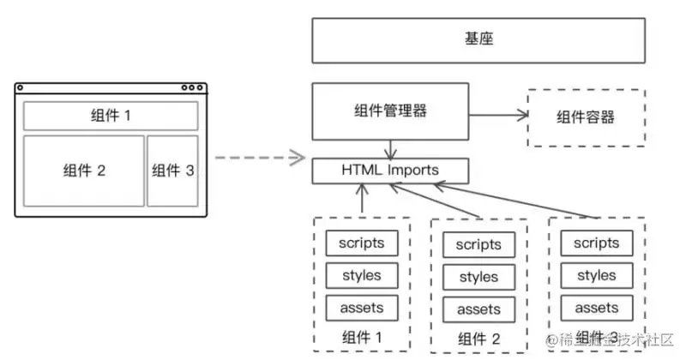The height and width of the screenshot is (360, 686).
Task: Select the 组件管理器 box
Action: [390, 111]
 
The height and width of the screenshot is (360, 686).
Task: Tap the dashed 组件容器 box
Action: [585, 117]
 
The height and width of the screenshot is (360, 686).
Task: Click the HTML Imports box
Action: [390, 170]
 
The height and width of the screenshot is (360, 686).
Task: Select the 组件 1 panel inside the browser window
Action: [111, 116]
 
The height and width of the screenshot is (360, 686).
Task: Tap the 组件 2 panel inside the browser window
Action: [84, 170]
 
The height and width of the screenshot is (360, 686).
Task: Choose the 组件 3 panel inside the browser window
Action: [172, 170]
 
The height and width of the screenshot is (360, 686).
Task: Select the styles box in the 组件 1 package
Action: [361, 275]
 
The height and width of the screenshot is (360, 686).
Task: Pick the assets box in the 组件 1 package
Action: [361, 307]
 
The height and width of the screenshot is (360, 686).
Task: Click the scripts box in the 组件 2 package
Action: [478, 245]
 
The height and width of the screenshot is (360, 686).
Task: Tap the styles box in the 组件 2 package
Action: [478, 277]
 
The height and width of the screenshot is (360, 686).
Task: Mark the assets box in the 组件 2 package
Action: [478, 309]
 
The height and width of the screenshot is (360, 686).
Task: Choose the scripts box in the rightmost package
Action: [597, 243]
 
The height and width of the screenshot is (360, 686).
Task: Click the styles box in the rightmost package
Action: [597, 275]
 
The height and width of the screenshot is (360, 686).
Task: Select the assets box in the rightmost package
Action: [597, 307]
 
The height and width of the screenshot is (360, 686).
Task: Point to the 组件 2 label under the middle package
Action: [478, 337]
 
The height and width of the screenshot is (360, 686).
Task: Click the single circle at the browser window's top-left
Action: [21, 87]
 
